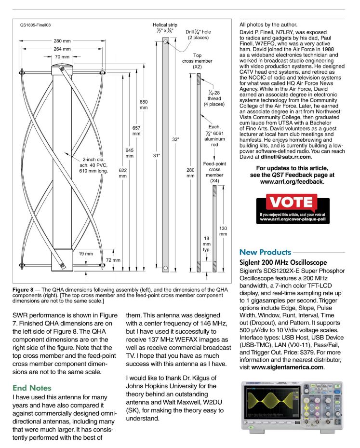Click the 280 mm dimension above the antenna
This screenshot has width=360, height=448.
(x=62, y=41)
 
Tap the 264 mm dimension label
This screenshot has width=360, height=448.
(x=62, y=49)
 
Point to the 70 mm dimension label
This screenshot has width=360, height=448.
(x=62, y=57)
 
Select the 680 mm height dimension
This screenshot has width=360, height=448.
(x=144, y=105)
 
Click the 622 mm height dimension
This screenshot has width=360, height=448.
(x=123, y=173)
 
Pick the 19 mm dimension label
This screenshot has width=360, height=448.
(x=86, y=254)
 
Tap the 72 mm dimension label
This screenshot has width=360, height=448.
(x=113, y=260)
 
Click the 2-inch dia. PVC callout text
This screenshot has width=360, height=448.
(x=93, y=165)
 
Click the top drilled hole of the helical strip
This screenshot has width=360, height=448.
(x=166, y=41)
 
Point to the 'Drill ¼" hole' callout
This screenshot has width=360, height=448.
(x=198, y=35)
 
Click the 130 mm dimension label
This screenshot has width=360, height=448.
(x=223, y=231)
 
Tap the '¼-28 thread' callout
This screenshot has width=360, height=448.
(x=214, y=98)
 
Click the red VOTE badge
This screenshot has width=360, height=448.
(x=292, y=202)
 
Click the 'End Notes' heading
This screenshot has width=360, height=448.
(x=32, y=388)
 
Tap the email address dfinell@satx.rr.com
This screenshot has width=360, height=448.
(x=285, y=157)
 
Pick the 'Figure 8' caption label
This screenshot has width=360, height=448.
(x=23, y=289)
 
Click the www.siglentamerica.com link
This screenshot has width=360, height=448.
(x=288, y=367)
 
